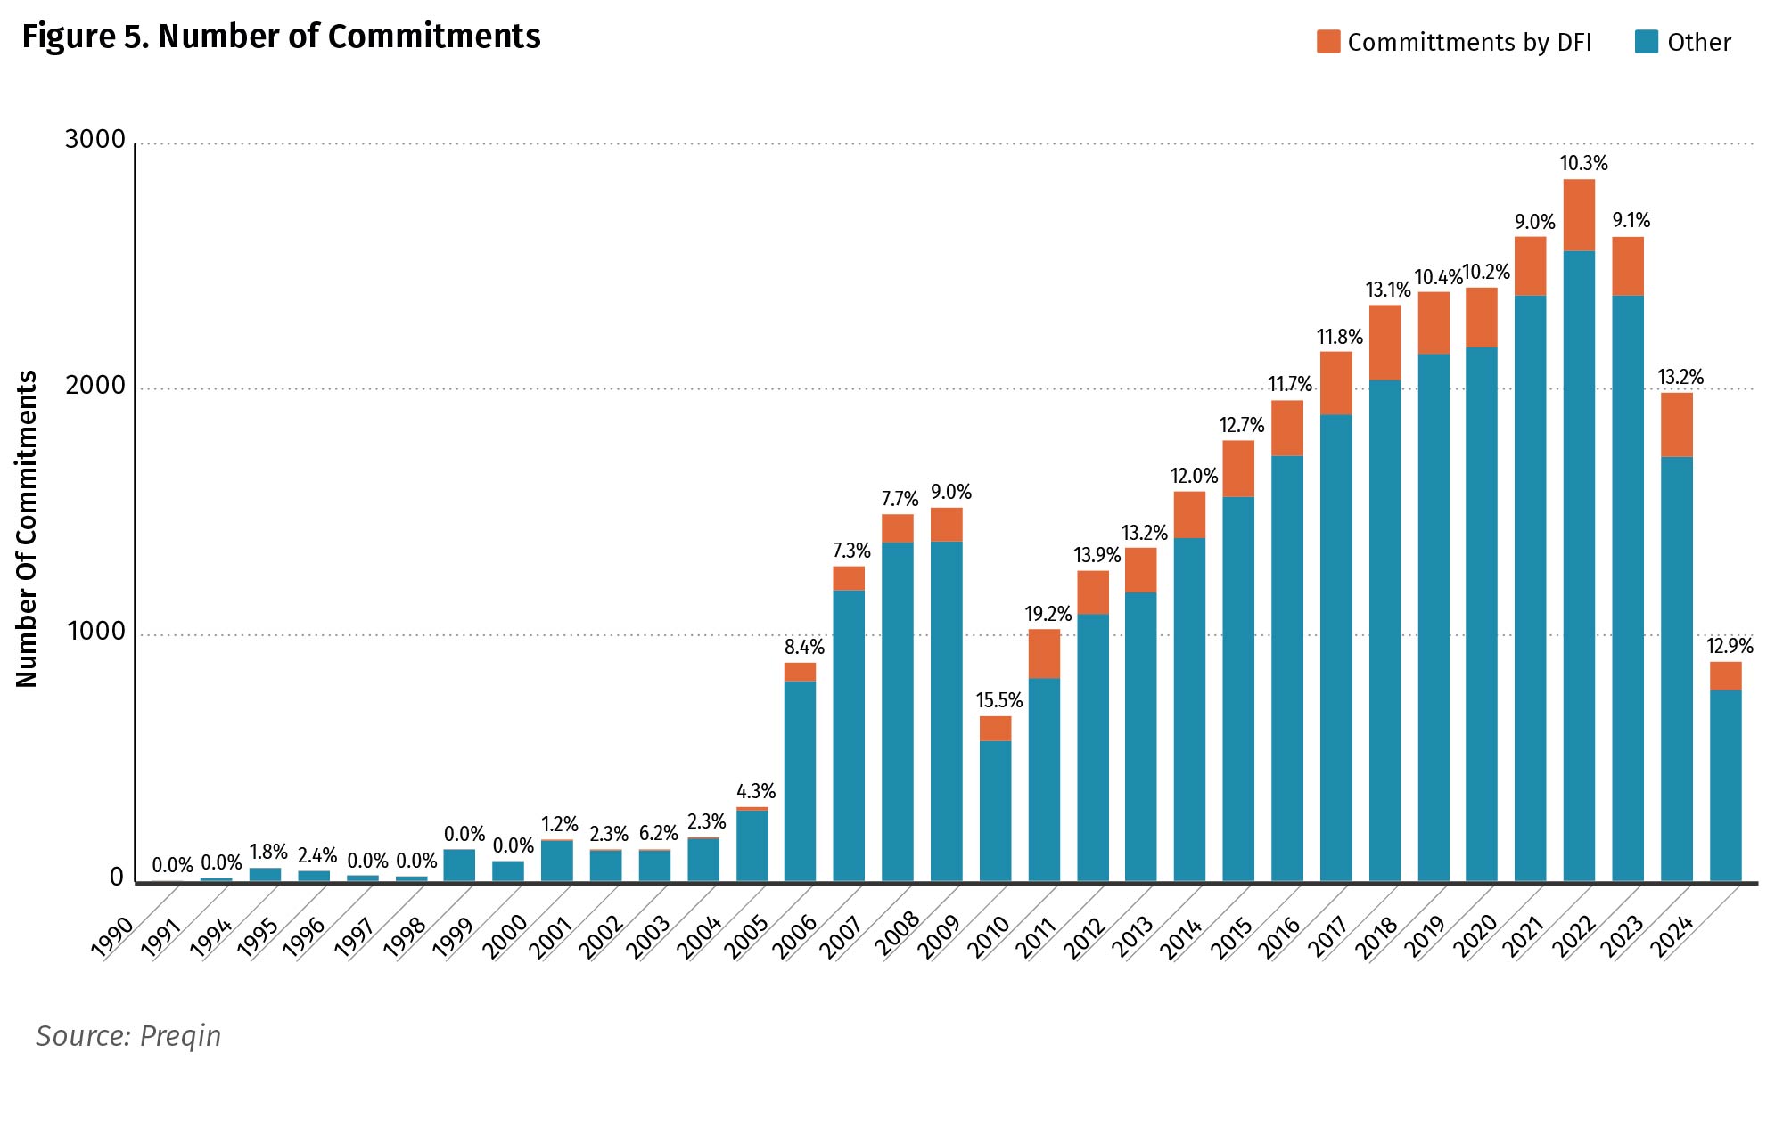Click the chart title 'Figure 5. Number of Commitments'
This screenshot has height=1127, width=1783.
pos(281,37)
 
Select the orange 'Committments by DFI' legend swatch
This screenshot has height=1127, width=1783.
pos(1327,42)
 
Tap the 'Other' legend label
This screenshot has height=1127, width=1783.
pos(1698,43)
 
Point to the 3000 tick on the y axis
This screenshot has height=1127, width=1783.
pos(95,140)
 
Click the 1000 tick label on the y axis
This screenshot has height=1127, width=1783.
pos(95,632)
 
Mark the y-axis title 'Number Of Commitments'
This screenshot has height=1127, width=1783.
pos(27,529)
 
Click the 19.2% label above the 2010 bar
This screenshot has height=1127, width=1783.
pos(1048,614)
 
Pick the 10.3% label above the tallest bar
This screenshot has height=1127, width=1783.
pos(1583,164)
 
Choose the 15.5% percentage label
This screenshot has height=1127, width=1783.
pos(998,701)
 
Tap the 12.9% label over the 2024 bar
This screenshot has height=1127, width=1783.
pos(1729,646)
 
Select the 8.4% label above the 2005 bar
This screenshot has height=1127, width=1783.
pos(804,648)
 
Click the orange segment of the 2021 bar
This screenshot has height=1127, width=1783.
pos(1579,216)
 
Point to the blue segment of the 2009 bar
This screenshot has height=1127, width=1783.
pos(995,811)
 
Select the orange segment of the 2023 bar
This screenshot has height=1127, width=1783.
pos(1676,425)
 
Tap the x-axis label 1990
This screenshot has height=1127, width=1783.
pos(113,938)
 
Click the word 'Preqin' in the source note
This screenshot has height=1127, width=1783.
pos(180,1037)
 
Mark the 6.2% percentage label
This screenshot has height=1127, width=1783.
pos(658,834)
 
